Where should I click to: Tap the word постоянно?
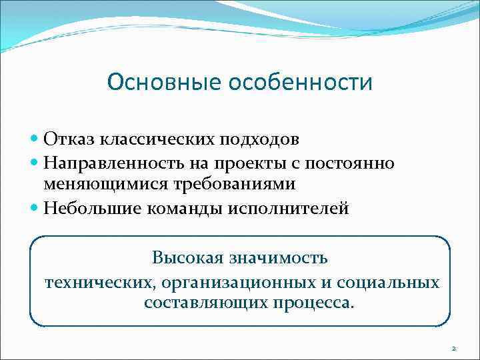point(351,163)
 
